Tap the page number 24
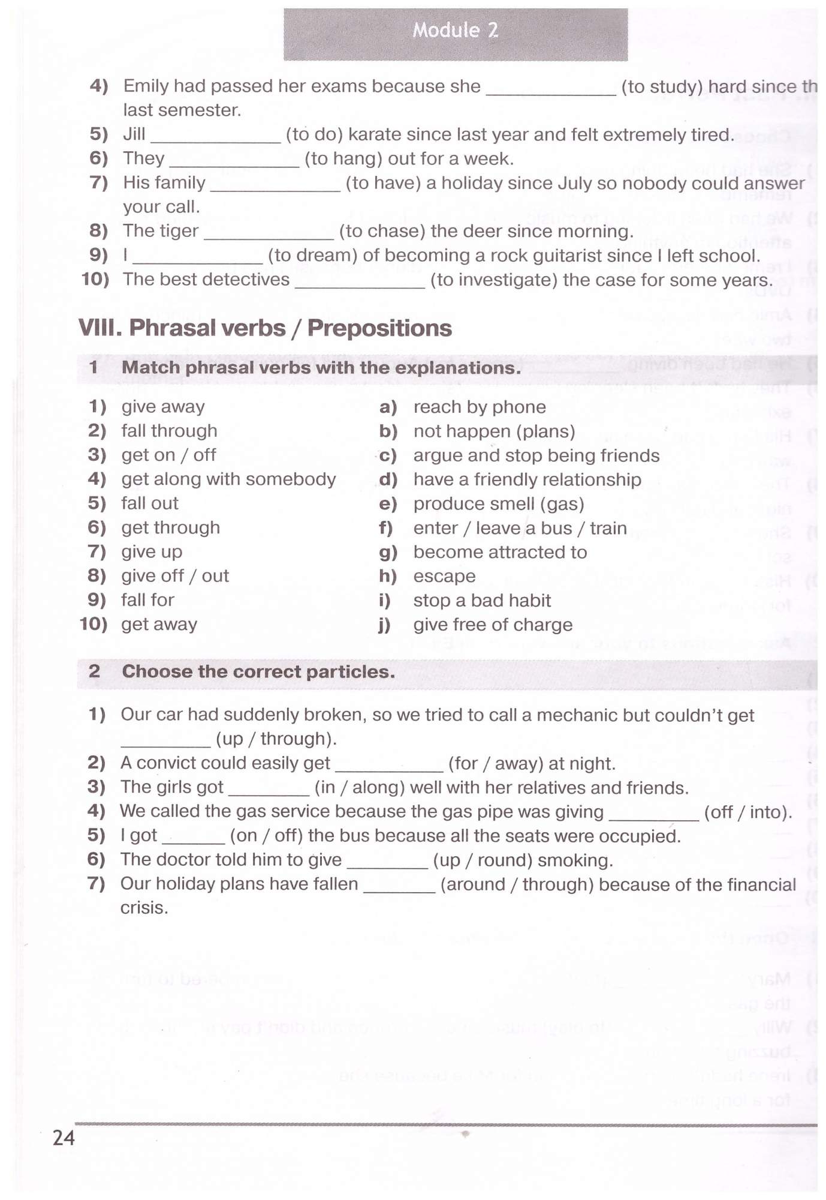pos(64,1138)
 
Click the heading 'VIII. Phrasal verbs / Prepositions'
pos(265,328)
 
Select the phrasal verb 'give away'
pos(163,407)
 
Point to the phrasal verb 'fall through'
pos(169,431)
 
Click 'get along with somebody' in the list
pos(228,479)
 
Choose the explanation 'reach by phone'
pos(480,407)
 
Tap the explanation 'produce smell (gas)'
pos(499,504)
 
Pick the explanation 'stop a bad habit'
pos(482,601)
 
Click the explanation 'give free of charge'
pos(493,625)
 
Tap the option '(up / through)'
pos(276,739)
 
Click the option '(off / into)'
pos(748,812)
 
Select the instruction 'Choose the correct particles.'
pos(258,672)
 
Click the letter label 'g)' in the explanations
pos(388,553)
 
